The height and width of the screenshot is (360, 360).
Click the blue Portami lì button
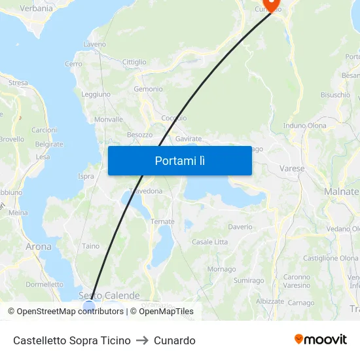coord(179,160)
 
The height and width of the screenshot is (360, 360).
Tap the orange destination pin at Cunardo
coord(272,5)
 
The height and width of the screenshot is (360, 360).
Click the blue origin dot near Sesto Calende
coord(89,306)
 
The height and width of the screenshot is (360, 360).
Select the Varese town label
coord(292,168)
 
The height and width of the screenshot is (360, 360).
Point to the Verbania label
coord(37,9)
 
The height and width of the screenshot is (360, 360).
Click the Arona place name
coord(38,247)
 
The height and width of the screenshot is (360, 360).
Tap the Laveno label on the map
coord(94,45)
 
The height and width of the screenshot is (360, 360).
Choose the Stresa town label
coord(18,83)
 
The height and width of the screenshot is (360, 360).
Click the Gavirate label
coord(189,139)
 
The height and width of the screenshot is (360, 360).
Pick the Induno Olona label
coord(304,125)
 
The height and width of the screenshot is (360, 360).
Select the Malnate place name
coord(341,191)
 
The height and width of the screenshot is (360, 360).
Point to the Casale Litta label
coord(209,242)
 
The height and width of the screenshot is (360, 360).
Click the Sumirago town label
coord(249,280)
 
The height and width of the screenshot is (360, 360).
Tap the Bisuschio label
coord(335,95)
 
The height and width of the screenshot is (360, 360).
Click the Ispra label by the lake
coord(86,176)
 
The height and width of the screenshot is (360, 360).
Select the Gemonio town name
coord(148,89)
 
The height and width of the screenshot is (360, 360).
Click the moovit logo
coord(320,340)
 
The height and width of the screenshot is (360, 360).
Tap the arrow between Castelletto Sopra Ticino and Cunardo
coord(142,340)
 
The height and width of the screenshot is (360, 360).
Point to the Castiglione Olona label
coord(331,259)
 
